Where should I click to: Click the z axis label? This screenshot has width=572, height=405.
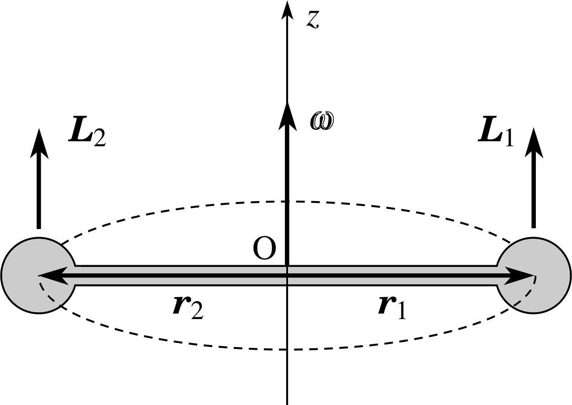313,20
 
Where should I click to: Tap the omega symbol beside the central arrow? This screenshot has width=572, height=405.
322,121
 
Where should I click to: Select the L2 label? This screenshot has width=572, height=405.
87,132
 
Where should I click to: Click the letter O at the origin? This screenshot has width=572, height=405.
264,249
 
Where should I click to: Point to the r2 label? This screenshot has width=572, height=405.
188,307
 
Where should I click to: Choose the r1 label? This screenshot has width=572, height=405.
392,307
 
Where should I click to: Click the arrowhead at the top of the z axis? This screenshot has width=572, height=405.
287,10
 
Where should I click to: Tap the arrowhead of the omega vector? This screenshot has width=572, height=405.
288,117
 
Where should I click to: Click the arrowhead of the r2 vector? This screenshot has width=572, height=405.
53,276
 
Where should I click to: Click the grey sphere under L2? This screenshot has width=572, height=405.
38,275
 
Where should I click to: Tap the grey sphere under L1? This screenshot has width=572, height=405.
534,275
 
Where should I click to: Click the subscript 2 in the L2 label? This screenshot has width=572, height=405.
100,139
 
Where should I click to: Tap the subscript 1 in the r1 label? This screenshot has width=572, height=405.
401,310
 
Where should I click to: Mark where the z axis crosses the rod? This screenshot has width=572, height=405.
287,276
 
